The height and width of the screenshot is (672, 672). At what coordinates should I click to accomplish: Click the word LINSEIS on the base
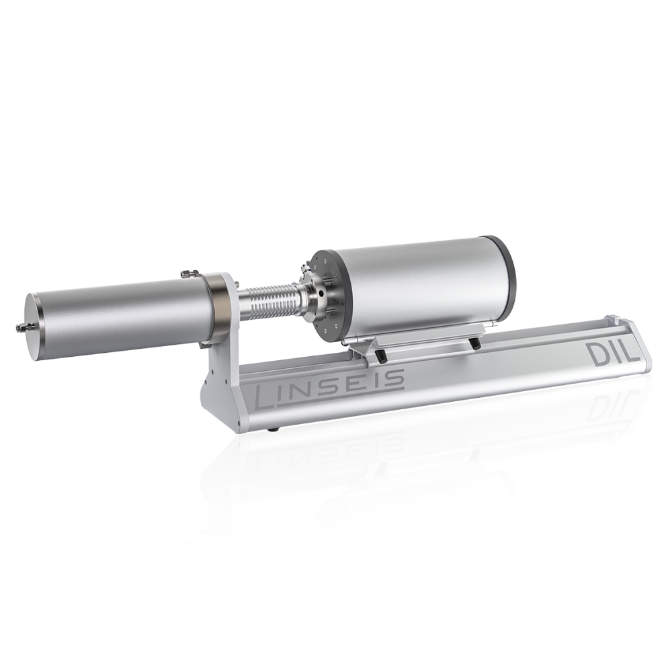pyautogui.click(x=330, y=388)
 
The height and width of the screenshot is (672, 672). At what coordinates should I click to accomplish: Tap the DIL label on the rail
pyautogui.click(x=614, y=354)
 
